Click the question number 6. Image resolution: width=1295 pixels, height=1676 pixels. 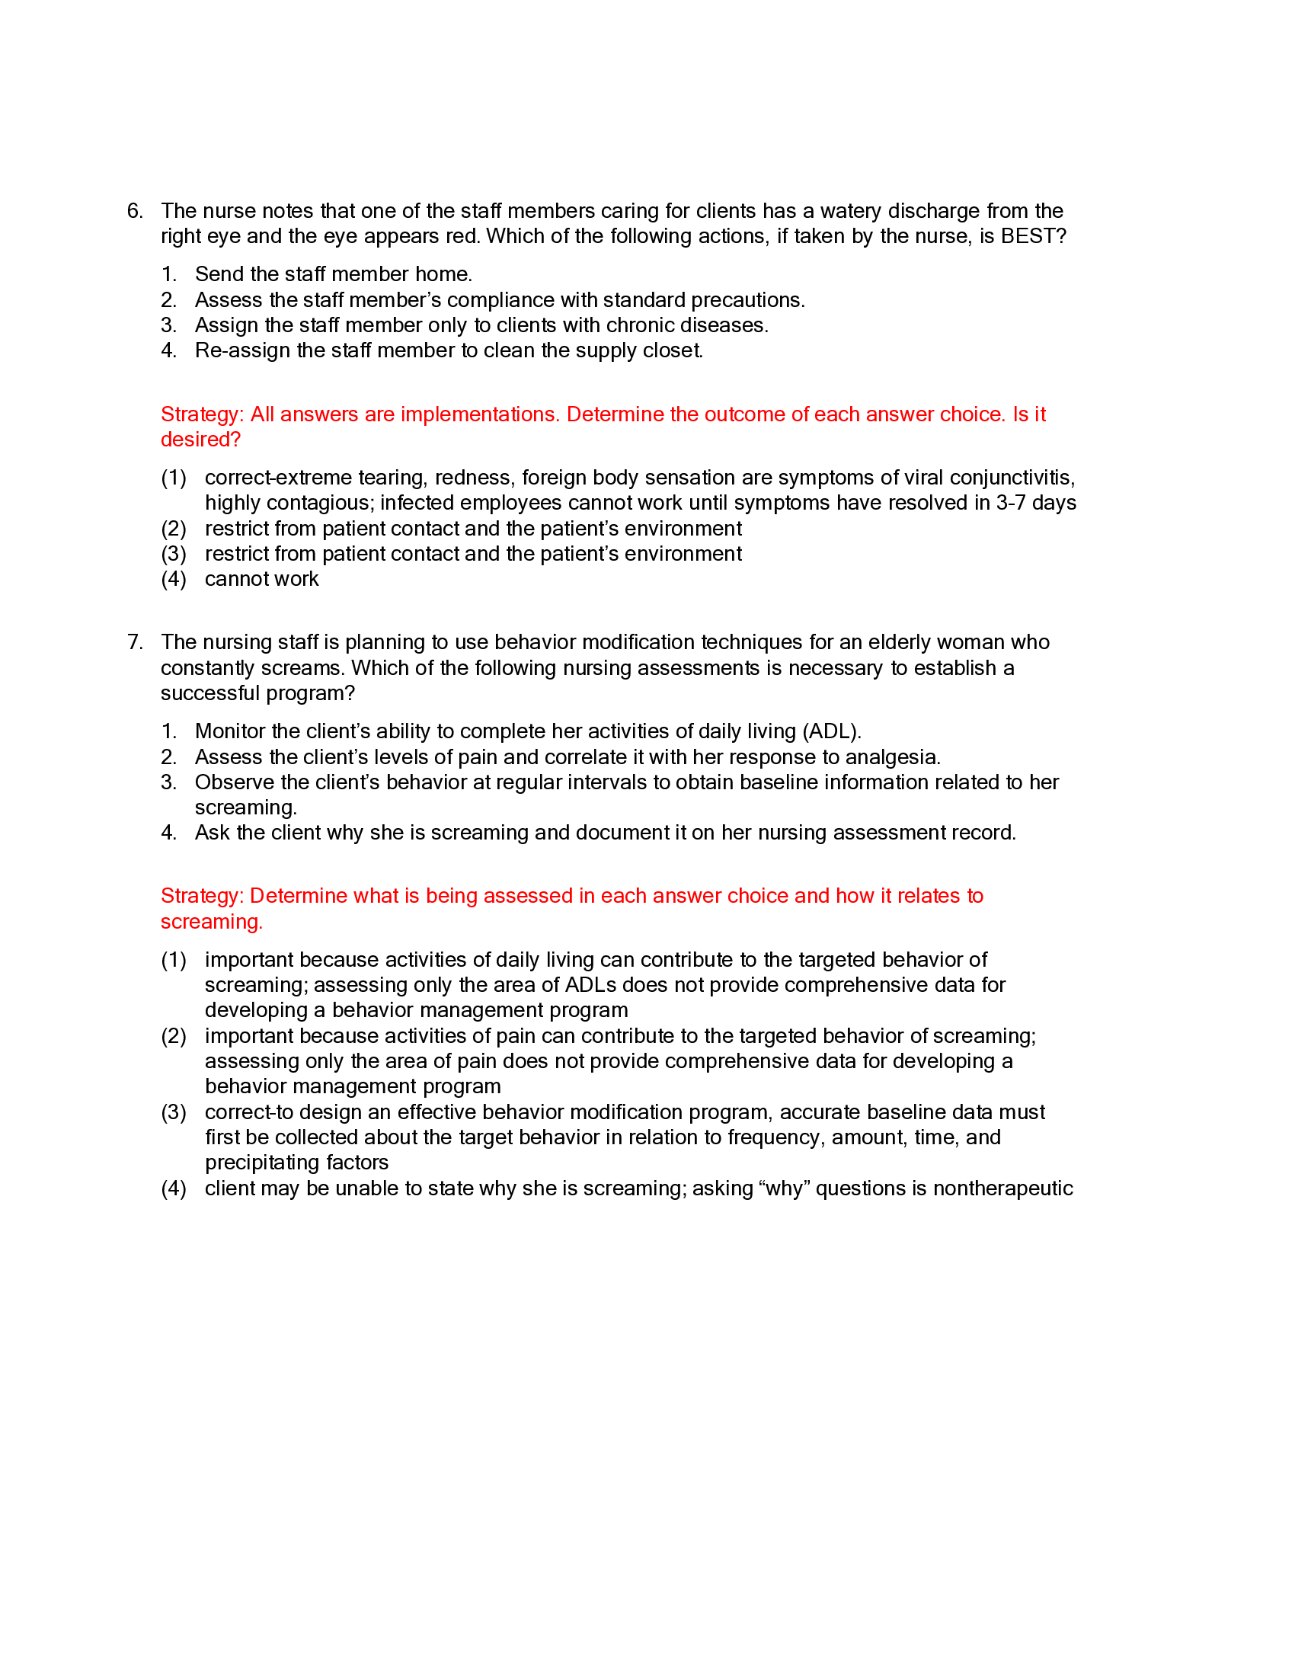[x=134, y=211]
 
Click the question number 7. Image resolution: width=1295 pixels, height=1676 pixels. [x=134, y=642]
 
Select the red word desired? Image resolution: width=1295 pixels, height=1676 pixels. [x=200, y=440]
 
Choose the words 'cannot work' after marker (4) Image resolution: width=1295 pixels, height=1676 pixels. [x=261, y=580]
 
